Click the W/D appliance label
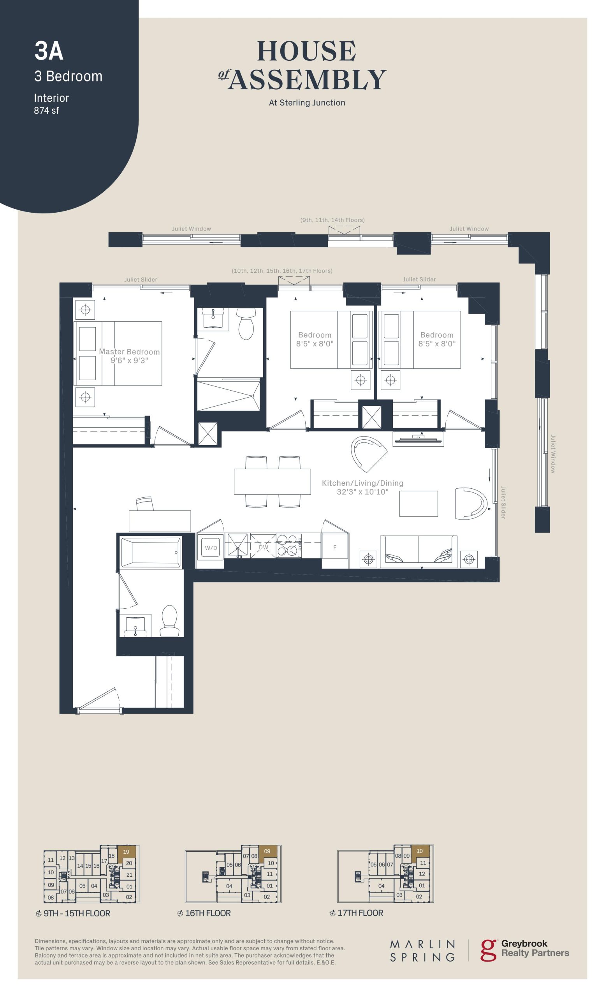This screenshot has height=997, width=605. (211, 548)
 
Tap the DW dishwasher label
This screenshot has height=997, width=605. (263, 547)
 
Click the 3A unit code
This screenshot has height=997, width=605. (49, 51)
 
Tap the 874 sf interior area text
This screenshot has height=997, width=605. (46, 111)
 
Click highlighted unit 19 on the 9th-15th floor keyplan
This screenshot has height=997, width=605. (126, 852)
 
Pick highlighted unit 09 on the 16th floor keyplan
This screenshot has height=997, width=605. (267, 851)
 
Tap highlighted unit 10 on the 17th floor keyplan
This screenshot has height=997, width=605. (420, 851)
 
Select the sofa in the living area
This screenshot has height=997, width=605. (419, 551)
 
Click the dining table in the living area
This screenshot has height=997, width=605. (272, 481)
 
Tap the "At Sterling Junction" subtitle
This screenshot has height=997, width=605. (307, 103)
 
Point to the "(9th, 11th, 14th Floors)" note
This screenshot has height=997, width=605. (332, 220)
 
